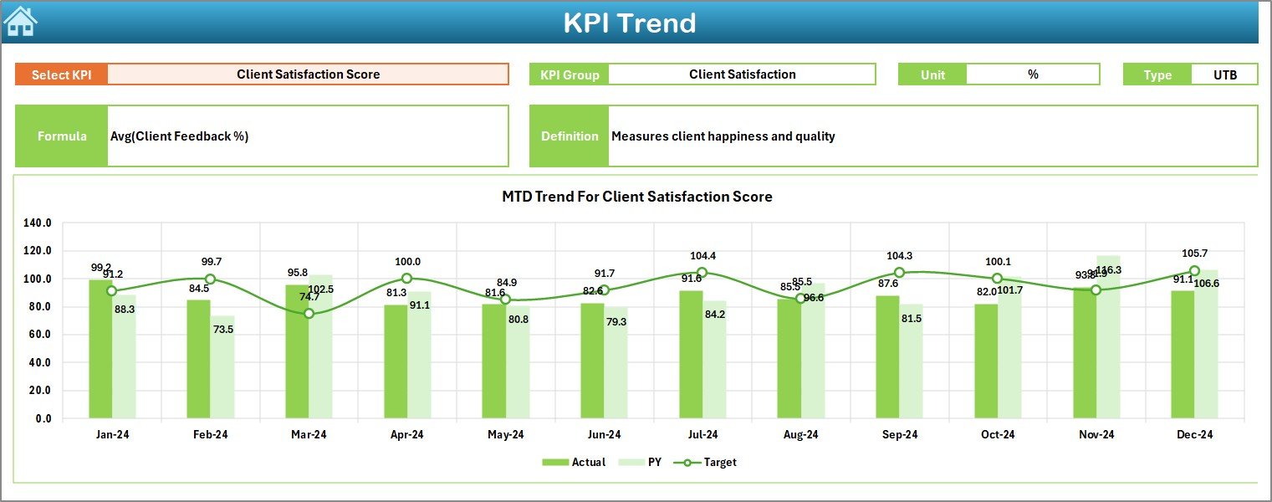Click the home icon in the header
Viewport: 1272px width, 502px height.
click(20, 21)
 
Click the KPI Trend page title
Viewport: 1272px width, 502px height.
click(629, 23)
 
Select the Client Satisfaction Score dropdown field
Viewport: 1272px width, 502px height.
click(308, 74)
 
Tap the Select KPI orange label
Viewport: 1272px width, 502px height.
click(61, 74)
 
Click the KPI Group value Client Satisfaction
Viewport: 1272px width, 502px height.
click(742, 74)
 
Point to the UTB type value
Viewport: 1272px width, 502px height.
click(1224, 74)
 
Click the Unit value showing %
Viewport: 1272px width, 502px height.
click(1033, 74)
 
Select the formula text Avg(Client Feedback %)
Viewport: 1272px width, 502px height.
click(179, 136)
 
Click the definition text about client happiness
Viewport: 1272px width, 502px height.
click(723, 136)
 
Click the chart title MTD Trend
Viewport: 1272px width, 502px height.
click(636, 197)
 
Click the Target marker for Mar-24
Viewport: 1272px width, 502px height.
click(309, 314)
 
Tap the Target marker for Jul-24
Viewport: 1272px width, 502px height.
click(702, 273)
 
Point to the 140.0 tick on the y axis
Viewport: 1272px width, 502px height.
click(38, 223)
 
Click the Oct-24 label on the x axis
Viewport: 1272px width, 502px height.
click(998, 435)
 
